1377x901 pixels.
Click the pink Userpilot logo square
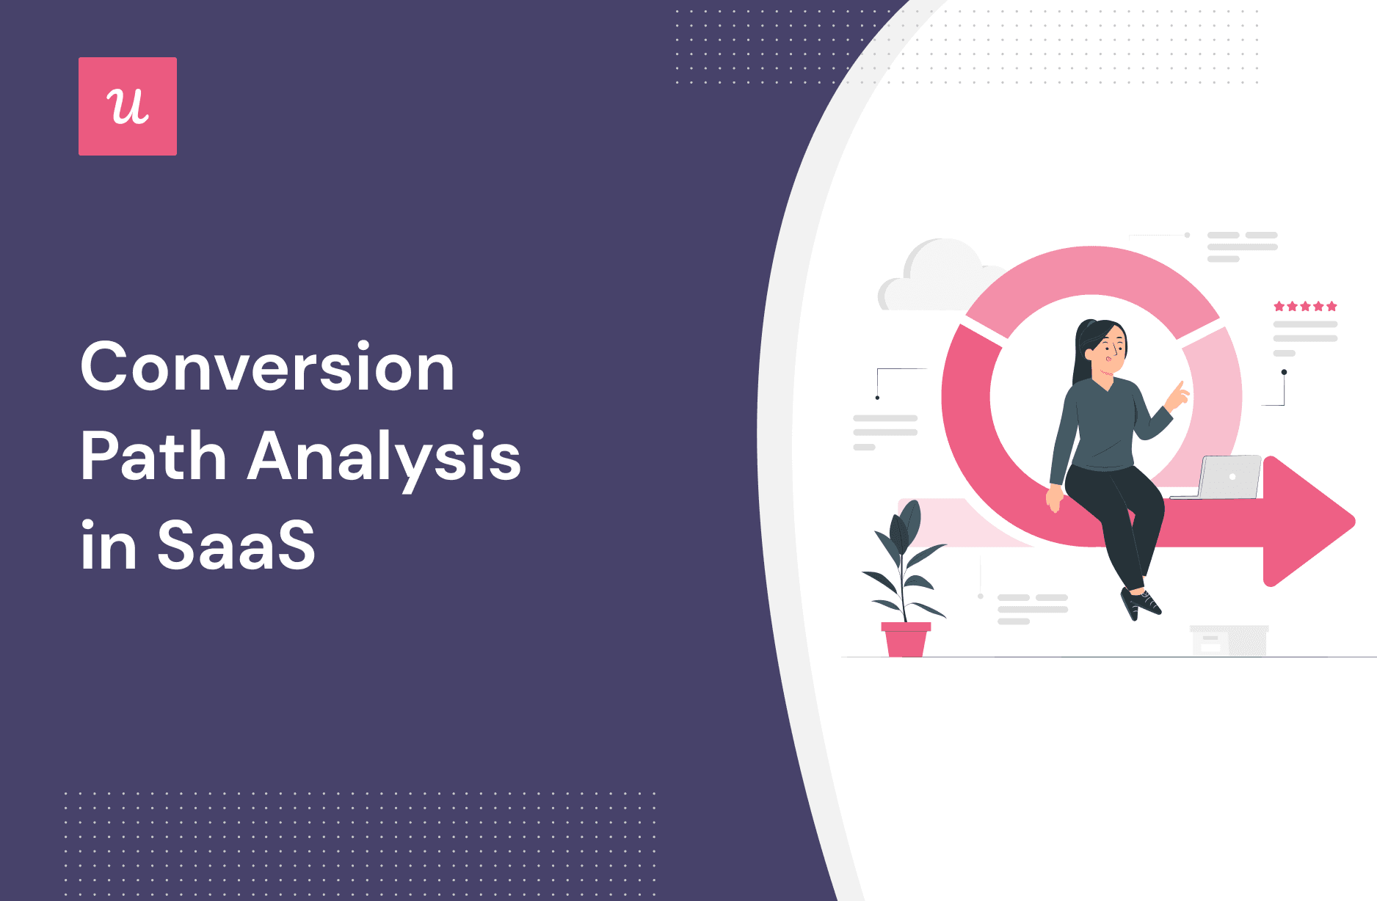(x=128, y=106)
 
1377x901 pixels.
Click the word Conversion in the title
(x=267, y=367)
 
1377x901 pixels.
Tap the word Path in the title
(x=153, y=456)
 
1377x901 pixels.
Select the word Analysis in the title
(x=384, y=456)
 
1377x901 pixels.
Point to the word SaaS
(x=236, y=546)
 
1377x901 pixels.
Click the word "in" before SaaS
(x=109, y=546)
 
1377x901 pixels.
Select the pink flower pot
(x=906, y=640)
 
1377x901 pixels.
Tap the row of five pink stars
(x=1305, y=306)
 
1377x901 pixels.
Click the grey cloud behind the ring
(x=932, y=279)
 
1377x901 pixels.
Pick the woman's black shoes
(x=1140, y=603)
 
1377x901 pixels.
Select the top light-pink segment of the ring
(x=1091, y=279)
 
